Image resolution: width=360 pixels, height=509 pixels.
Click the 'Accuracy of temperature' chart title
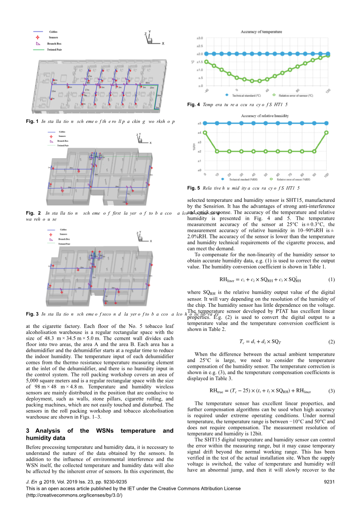pos(261,32)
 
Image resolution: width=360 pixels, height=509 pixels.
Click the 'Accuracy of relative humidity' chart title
pos(265,116)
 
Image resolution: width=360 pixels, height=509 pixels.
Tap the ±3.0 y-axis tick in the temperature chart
pos(200,38)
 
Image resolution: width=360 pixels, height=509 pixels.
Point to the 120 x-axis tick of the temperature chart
pos(328,91)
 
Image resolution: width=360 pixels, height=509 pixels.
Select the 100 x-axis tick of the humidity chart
pos(327,175)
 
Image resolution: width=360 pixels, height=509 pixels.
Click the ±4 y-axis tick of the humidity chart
pos(199,133)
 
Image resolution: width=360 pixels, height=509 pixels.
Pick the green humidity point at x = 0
pos(205,133)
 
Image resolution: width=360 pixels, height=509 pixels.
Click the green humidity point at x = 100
pos(326,133)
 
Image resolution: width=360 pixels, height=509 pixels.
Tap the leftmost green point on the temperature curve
pos(206,62)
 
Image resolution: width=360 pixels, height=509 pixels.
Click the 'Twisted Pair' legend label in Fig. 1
pos(54,50)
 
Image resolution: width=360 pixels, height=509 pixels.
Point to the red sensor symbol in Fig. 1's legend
pos(38,37)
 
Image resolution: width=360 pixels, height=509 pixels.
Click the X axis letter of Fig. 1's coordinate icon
pos(163,44)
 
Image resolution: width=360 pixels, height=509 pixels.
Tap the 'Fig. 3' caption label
pos(32,314)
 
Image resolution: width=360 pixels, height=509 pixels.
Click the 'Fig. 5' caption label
pos(193,188)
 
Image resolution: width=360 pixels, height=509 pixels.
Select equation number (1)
pos(331,280)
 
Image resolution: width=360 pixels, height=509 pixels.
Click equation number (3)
pos(331,391)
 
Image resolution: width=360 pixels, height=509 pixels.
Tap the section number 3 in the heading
pos(28,431)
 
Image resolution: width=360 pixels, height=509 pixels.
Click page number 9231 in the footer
pos(329,482)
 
